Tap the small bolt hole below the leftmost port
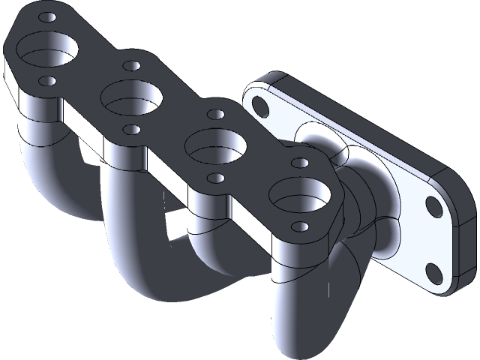click(x=46, y=79)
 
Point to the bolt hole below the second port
click(x=132, y=129)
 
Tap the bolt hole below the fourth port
click(x=300, y=226)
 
